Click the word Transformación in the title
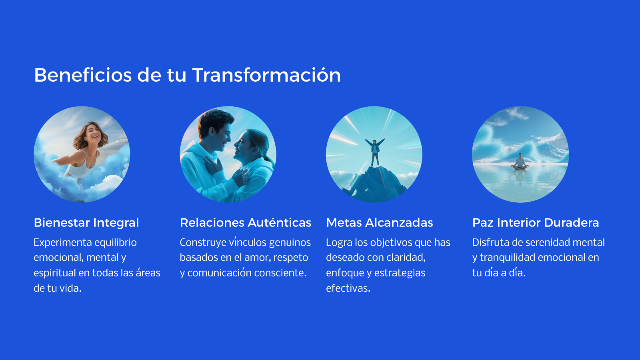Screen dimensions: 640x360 266,75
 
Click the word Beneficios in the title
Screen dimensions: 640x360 83,75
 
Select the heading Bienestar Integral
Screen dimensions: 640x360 86,222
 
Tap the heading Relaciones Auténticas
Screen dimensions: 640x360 246,222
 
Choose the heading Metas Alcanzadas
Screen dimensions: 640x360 380,222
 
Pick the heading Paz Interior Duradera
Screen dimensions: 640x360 536,222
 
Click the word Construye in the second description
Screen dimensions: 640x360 203,242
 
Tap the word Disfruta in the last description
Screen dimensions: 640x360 490,242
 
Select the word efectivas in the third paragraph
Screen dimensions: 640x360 348,288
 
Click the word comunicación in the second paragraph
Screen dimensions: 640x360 220,273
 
